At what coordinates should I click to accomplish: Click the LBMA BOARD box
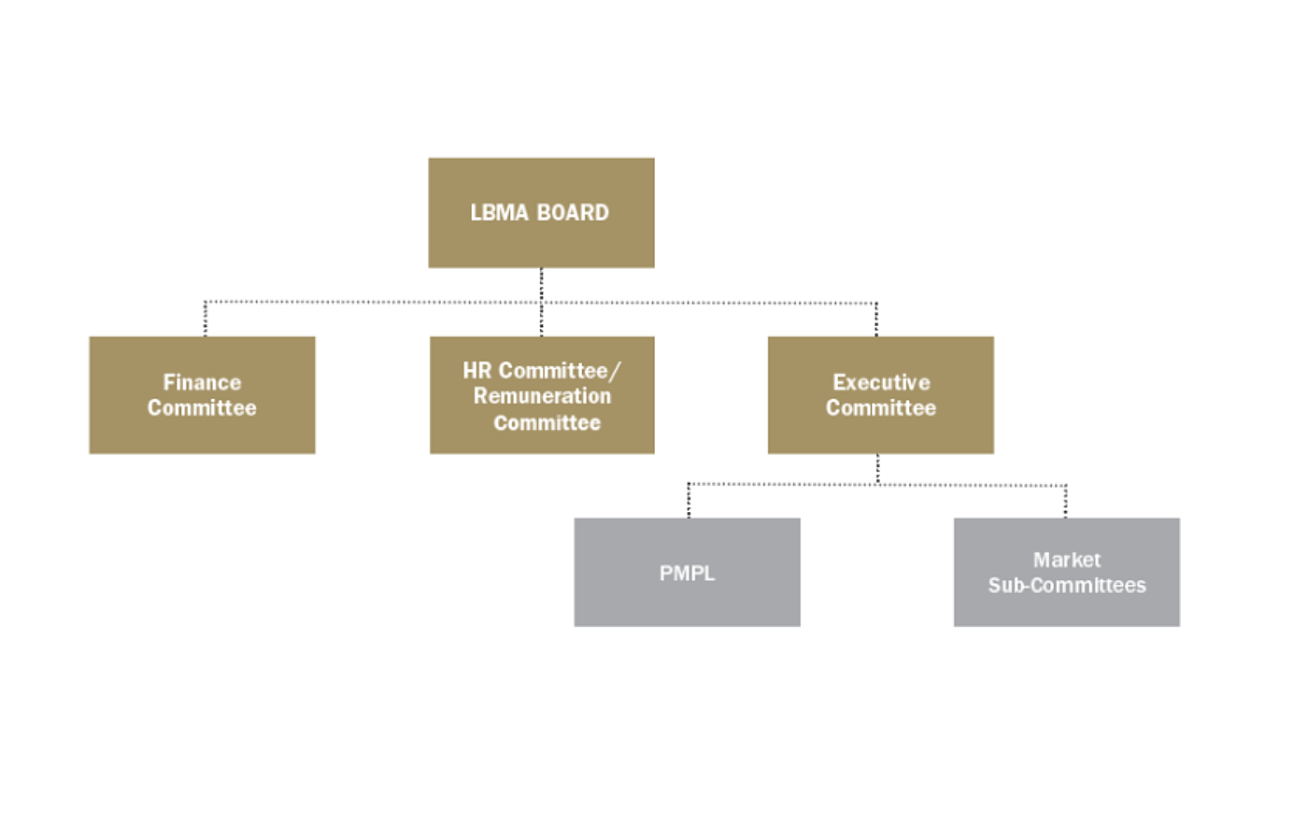click(541, 213)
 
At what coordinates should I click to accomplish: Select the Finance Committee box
click(202, 395)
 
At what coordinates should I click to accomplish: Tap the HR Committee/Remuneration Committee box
click(542, 395)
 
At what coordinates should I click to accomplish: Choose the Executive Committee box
click(880, 395)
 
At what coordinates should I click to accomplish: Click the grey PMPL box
click(687, 573)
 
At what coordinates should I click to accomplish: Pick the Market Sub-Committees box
click(1066, 573)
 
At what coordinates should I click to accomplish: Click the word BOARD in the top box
click(573, 213)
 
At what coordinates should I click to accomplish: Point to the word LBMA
click(499, 213)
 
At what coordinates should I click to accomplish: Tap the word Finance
click(202, 382)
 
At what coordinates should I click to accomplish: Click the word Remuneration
click(542, 396)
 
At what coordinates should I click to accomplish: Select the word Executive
click(881, 382)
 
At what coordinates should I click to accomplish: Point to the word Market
click(1066, 560)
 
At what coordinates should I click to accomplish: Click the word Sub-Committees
click(1066, 586)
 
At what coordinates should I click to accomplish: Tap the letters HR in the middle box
click(476, 371)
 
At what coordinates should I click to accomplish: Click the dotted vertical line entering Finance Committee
click(206, 320)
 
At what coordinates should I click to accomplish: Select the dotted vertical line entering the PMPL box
click(689, 501)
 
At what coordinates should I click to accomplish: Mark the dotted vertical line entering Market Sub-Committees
click(1065, 502)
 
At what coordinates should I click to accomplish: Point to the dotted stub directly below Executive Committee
click(877, 469)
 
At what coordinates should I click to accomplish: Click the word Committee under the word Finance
click(202, 408)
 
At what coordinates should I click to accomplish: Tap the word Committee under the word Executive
click(880, 408)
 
